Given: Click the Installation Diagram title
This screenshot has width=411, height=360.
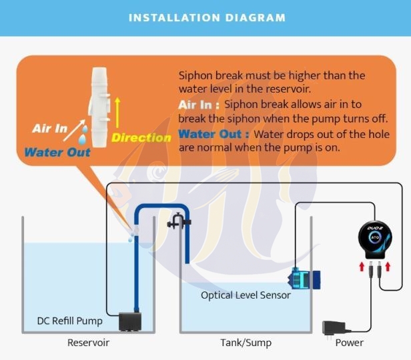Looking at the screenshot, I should coord(207,17).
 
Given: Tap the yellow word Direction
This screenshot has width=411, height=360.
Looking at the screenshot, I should coord(141,138).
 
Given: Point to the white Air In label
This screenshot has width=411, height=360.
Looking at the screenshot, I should coord(50,128).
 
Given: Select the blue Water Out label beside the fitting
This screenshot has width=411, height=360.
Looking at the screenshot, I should coord(57,152).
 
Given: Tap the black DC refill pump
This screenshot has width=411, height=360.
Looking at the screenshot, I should coord(129,321).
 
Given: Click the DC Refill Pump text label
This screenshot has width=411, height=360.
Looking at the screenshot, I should coord(69,321).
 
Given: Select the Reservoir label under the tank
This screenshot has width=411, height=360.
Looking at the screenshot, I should coord(88,343).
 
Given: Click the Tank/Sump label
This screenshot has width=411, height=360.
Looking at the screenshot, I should coord(246,343).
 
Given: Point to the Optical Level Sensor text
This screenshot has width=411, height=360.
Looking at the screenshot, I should coord(246,295).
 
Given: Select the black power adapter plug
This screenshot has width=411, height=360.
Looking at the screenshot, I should coord(334,328).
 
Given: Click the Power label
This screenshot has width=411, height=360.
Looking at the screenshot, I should coord(349,343).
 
